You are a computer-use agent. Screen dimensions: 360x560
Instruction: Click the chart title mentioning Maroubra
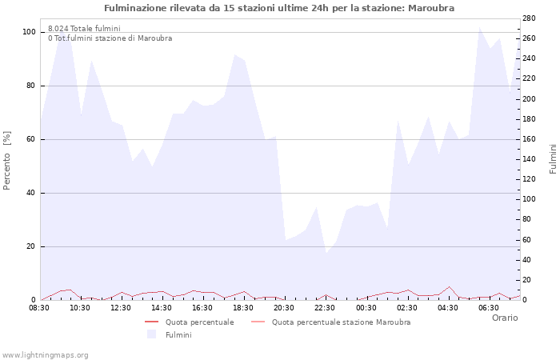[279, 7]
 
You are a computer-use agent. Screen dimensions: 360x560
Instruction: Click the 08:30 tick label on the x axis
[40, 307]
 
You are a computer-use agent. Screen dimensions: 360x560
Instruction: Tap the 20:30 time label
[284, 307]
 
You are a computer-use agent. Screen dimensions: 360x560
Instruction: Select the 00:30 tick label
[366, 307]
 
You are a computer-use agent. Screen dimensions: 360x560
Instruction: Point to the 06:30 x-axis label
[488, 307]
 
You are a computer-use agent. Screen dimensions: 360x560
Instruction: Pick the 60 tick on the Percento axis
[31, 139]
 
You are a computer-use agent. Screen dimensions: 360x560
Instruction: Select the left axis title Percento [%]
[8, 159]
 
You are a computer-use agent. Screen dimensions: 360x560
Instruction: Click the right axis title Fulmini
[553, 159]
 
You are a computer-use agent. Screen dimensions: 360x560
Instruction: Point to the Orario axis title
[505, 318]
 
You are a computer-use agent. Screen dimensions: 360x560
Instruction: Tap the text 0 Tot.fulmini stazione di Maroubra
[110, 38]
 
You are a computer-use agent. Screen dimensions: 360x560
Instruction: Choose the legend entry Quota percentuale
[199, 322]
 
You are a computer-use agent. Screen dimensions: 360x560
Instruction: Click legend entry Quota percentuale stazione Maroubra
[341, 322]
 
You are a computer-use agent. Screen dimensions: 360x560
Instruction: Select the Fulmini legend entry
[178, 334]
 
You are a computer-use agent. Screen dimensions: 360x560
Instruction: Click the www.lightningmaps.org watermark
[46, 354]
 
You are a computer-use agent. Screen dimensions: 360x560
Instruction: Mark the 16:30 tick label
[202, 307]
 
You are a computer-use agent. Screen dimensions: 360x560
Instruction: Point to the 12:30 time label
[121, 307]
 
